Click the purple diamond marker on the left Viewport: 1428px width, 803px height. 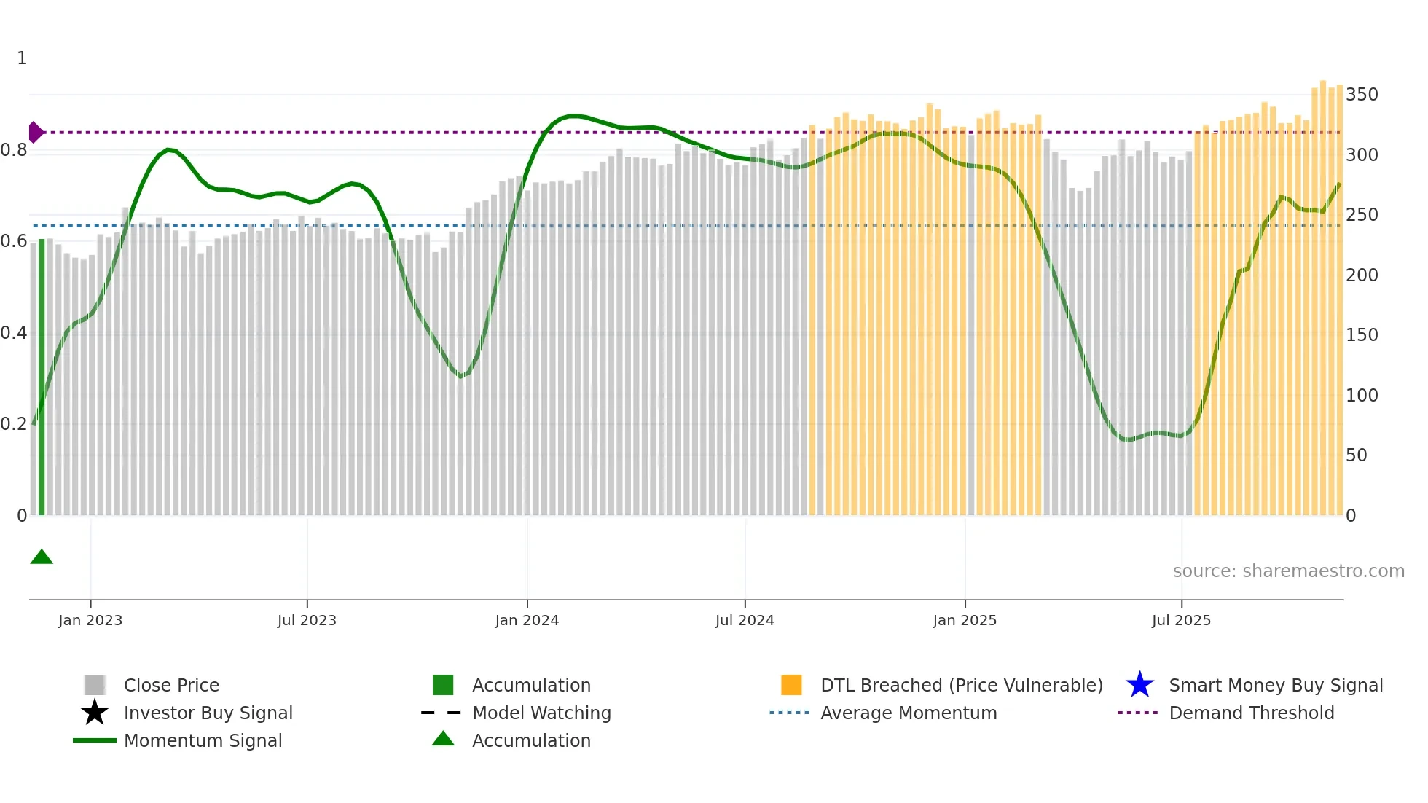35,133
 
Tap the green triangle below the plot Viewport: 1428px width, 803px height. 42,557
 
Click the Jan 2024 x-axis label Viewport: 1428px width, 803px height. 527,620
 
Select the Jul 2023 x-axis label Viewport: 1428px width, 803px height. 307,620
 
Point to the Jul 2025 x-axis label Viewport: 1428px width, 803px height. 1181,620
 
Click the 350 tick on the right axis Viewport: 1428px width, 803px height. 1361,95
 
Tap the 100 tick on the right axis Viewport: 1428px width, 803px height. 1361,396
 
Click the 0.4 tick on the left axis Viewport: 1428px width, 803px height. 14,333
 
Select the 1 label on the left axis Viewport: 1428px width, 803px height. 22,58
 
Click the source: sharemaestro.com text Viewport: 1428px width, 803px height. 1288,571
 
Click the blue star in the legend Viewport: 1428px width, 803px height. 1139,685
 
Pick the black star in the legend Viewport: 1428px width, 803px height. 95,713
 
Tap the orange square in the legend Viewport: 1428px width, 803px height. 791,685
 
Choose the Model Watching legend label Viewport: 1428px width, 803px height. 541,713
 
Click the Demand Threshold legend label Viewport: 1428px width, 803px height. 1251,713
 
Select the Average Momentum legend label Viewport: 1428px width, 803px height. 909,713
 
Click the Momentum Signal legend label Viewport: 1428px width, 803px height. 203,740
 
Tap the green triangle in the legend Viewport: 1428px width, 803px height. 443,739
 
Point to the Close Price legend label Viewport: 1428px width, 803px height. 171,685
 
